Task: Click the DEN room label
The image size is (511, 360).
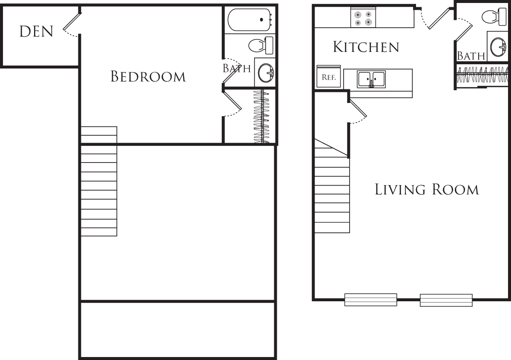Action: point(36,31)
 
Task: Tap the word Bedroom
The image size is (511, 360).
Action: point(148,77)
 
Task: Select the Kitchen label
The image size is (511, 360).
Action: point(366,47)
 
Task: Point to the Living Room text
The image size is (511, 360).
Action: point(427,189)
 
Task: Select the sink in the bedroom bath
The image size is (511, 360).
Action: point(265,73)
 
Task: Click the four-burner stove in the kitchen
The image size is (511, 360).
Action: point(363,18)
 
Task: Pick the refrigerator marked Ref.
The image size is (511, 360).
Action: point(328,77)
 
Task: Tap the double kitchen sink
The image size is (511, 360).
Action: point(371,79)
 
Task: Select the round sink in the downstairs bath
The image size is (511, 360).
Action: point(498,47)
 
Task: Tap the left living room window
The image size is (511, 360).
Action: point(370,300)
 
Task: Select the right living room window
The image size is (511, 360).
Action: point(446,300)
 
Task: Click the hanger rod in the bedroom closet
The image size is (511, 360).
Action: point(261,116)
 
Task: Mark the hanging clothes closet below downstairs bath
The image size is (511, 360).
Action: point(482,75)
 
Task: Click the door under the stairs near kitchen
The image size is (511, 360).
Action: point(357,109)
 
